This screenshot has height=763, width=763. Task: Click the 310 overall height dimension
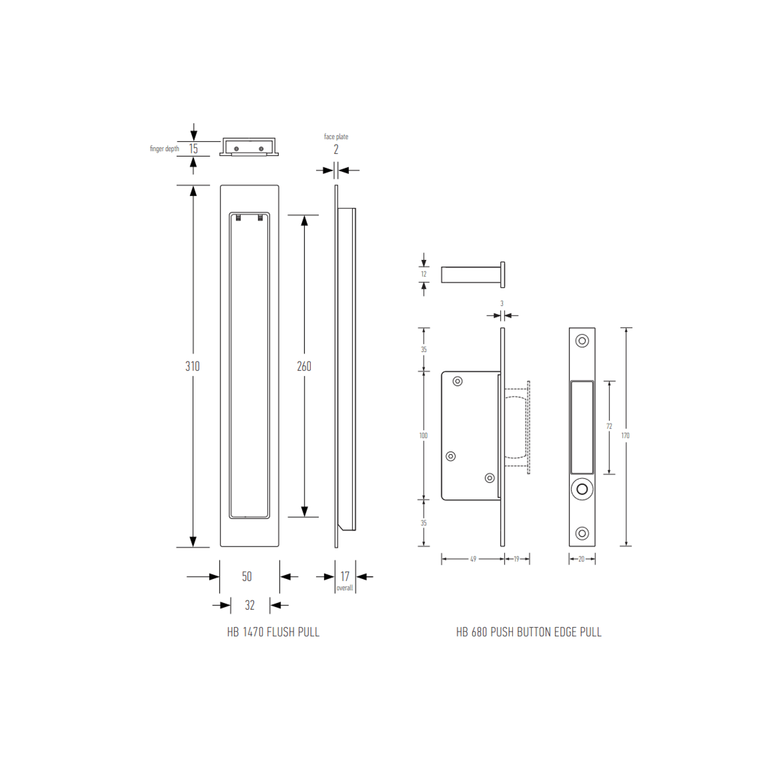193,366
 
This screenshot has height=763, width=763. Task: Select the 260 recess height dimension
304,366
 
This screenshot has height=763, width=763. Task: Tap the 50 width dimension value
247,576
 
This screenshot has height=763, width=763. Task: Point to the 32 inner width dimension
249,605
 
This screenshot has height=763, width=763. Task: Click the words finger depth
164,149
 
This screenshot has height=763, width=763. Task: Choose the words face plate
336,137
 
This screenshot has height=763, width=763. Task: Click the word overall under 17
345,588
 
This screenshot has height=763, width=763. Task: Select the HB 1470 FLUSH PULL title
273,632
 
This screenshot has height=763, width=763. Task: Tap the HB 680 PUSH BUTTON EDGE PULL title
529,632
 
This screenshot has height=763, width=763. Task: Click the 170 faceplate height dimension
626,436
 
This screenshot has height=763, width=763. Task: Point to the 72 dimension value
609,427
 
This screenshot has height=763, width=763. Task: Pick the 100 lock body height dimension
423,436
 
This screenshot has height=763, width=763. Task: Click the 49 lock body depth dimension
473,559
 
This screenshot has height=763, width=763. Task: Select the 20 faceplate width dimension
581,559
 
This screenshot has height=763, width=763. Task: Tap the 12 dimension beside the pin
424,274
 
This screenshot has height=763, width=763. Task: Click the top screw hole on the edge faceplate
582,341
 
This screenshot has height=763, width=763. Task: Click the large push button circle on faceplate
582,489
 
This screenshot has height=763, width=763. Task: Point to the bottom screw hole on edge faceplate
582,533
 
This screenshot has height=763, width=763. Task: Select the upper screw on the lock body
458,381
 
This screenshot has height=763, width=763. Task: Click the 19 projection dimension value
516,559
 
